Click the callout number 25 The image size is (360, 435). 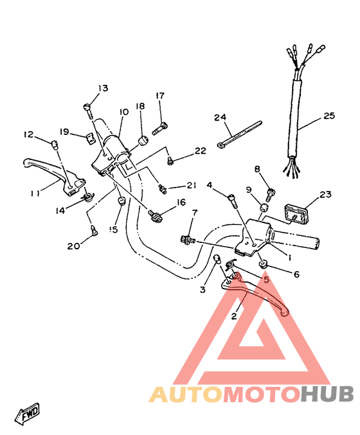coord(329,116)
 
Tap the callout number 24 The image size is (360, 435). coord(221,118)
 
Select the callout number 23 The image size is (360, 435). coord(325,194)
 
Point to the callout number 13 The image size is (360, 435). coord(103,88)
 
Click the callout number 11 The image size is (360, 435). coord(35,191)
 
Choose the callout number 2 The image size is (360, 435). coord(234,316)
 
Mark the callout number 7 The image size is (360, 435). coord(195,212)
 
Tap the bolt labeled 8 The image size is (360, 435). coord(270,190)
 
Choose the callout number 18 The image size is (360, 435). coord(140,107)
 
